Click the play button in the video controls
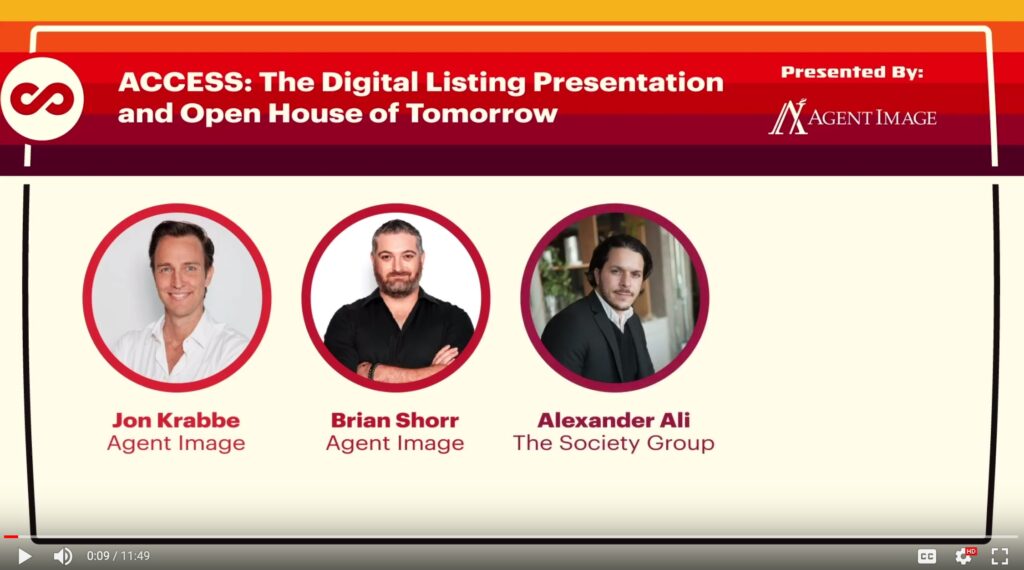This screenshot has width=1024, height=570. tap(24, 556)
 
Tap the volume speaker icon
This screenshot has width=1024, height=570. tap(62, 556)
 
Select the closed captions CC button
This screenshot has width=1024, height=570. tap(927, 556)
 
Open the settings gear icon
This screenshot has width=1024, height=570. tap(964, 556)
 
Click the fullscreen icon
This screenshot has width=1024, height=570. tap(999, 556)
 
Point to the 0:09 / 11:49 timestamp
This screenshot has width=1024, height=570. tap(118, 556)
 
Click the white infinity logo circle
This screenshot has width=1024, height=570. tap(41, 98)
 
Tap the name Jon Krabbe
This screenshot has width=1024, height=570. tap(176, 419)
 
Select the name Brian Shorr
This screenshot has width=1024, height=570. tap(395, 419)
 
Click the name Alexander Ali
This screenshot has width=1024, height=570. tap(614, 419)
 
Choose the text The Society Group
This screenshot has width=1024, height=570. tap(614, 443)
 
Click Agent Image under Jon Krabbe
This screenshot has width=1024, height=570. tap(176, 443)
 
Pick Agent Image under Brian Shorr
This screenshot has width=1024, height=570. tap(395, 443)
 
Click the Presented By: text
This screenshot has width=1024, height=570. tap(851, 72)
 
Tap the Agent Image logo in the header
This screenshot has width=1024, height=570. tap(852, 117)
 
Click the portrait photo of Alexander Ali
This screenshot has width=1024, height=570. tap(614, 297)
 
